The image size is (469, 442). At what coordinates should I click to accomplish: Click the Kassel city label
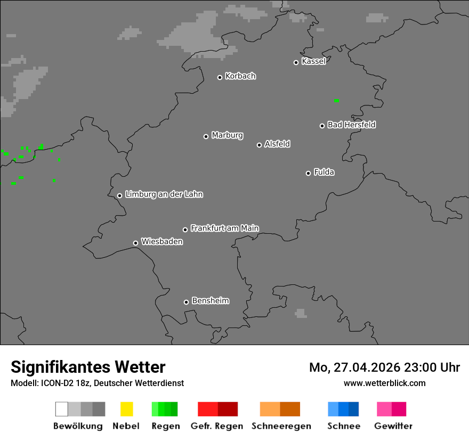point(313,61)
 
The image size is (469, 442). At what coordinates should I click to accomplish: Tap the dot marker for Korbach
point(220,77)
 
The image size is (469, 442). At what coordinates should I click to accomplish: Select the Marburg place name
point(227,135)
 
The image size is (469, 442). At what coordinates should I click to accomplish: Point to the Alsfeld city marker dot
point(259,145)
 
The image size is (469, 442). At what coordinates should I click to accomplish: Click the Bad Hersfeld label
point(351,125)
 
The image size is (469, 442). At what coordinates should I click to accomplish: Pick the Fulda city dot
point(308,173)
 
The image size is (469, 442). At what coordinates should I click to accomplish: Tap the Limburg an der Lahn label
point(164,194)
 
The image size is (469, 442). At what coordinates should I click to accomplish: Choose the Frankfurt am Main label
point(224,228)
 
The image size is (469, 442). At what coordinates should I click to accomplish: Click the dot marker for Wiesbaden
point(135,243)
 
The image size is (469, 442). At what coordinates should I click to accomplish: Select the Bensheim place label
point(210,301)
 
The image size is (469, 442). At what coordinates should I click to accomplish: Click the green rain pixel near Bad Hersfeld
point(336,100)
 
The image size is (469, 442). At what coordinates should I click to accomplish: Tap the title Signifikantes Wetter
point(88,367)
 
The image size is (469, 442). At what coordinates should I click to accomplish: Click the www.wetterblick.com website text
point(384,383)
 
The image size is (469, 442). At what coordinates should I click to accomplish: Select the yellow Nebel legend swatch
point(126,409)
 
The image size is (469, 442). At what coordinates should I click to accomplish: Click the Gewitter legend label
point(393,426)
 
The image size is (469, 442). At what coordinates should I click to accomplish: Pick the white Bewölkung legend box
point(61,409)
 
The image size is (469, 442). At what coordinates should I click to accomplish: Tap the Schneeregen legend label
point(281,426)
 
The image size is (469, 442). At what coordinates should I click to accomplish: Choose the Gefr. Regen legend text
point(216,426)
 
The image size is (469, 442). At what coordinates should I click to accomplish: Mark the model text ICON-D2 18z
point(63,383)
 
